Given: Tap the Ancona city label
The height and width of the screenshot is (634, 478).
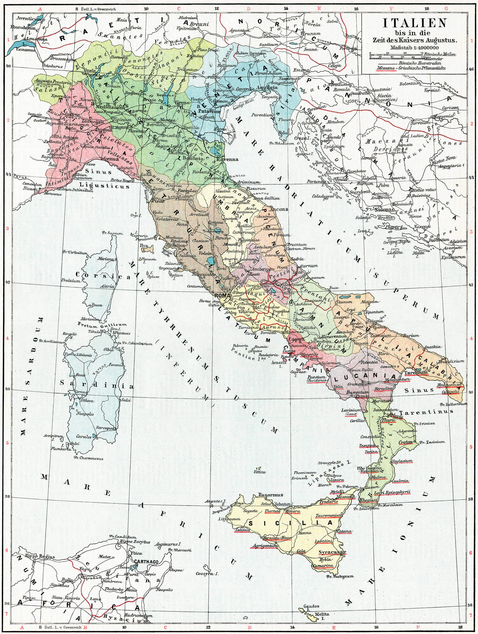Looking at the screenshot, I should pyautogui.click(x=279, y=209).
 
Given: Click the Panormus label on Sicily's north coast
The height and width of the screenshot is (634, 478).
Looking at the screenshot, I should pyautogui.click(x=270, y=495).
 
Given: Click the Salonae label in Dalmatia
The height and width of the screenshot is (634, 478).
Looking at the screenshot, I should pyautogui.click(x=384, y=210).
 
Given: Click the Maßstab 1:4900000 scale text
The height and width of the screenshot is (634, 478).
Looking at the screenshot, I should pyautogui.click(x=414, y=48).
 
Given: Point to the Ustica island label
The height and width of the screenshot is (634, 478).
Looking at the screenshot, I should pyautogui.click(x=260, y=472).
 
